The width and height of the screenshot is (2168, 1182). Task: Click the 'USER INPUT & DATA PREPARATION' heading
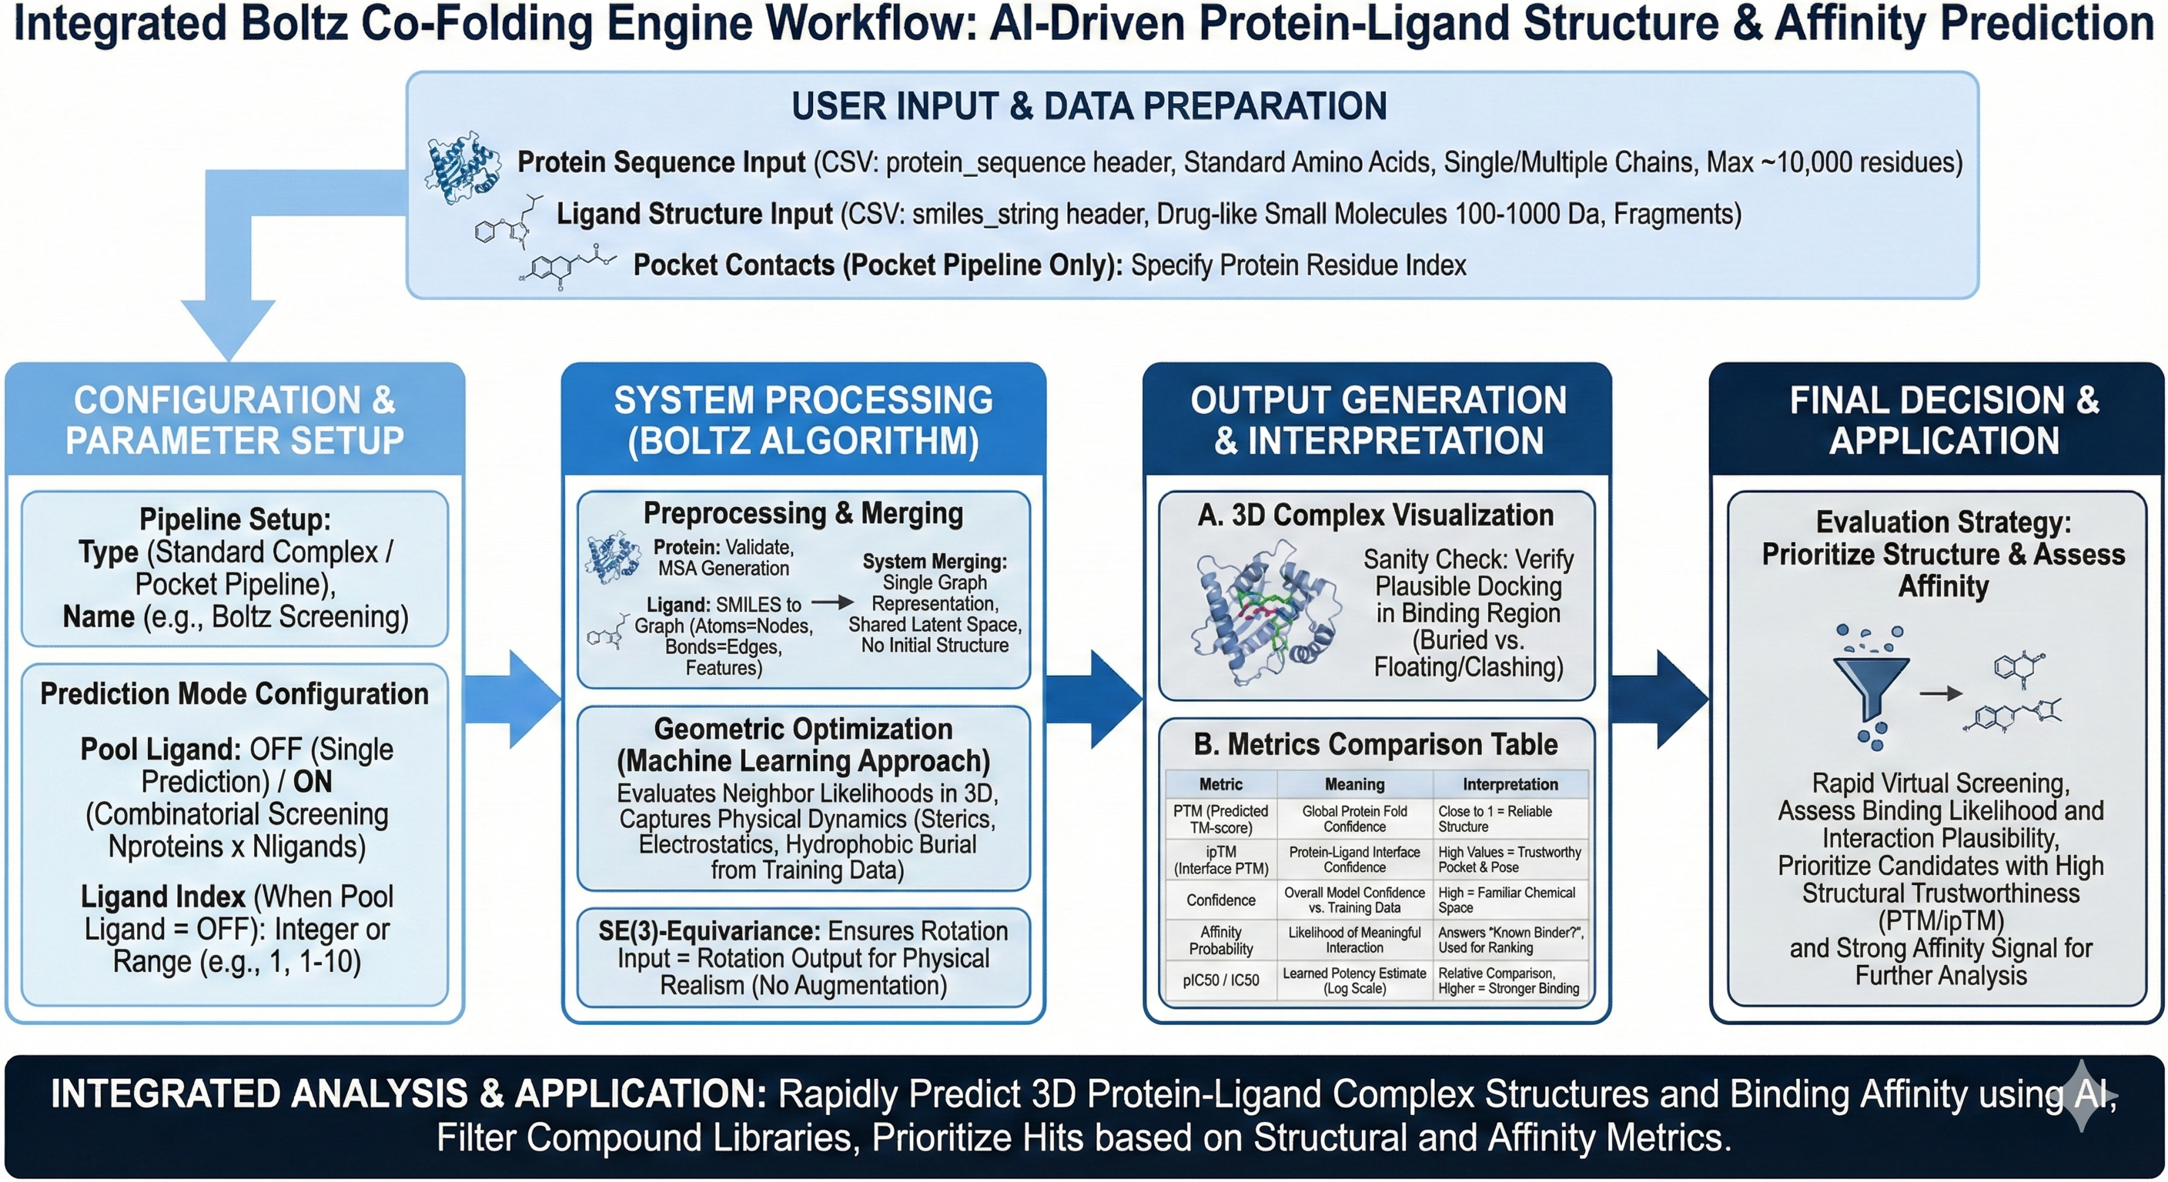coord(1089,107)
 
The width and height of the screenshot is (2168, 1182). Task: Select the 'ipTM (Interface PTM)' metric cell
coord(1220,860)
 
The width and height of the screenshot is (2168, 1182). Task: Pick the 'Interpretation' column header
coord(1510,784)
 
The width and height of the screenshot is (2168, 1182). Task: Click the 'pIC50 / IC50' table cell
coord(1220,980)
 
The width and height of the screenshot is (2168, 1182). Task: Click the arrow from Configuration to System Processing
coord(513,699)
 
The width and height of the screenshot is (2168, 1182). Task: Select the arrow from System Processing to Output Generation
coord(1093,699)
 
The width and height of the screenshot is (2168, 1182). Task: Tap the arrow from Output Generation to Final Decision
coord(1659,699)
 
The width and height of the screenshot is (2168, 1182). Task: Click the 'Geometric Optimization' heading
coord(803,729)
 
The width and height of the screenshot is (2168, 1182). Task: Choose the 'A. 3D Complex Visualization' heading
coord(1375,515)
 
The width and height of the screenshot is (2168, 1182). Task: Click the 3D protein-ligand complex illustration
coord(1263,613)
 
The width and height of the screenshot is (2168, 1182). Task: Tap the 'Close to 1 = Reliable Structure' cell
coord(1494,819)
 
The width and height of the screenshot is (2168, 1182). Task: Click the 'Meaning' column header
coord(1354,784)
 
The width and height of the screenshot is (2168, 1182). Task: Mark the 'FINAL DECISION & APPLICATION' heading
coord(1943,420)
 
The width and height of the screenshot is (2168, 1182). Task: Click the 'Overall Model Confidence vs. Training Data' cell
coord(1354,900)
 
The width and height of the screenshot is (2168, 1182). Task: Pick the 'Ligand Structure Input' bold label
coord(694,214)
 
